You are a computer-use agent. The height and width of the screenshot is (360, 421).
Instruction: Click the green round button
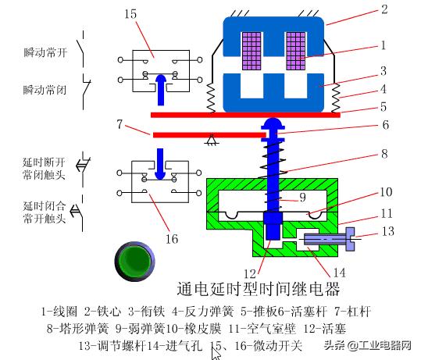[131, 261]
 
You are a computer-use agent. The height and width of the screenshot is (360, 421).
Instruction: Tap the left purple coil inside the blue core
[252, 48]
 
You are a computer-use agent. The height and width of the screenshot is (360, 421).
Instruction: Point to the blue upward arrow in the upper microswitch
[161, 89]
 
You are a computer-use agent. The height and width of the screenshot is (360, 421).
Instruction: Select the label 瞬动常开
[45, 53]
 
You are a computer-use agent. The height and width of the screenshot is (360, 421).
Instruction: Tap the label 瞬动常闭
[45, 89]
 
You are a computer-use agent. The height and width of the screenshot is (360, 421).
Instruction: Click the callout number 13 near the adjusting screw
[390, 231]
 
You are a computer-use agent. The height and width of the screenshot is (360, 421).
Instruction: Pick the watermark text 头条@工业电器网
[368, 345]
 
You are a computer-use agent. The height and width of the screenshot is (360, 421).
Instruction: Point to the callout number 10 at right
[387, 191]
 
